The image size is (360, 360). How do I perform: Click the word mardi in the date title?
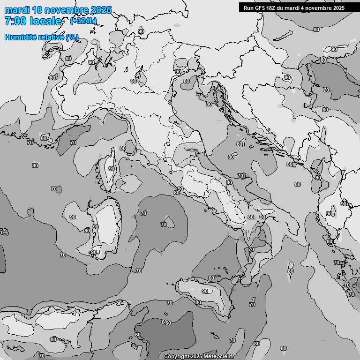tap(15, 10)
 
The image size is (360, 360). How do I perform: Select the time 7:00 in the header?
tap(15, 21)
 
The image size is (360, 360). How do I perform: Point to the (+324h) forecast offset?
tap(83, 21)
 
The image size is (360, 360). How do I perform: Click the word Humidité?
tap(21, 37)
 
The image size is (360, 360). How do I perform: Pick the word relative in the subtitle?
tap(51, 37)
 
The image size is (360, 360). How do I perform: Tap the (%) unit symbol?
tap(72, 37)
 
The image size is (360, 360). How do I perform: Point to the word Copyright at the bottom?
tap(177, 357)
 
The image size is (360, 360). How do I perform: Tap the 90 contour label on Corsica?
tap(112, 169)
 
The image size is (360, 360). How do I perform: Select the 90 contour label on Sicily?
tap(205, 291)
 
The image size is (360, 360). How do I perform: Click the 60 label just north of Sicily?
tap(211, 278)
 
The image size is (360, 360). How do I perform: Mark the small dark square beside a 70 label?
tap(59, 189)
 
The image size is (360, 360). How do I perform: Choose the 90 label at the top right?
tap(334, 49)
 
